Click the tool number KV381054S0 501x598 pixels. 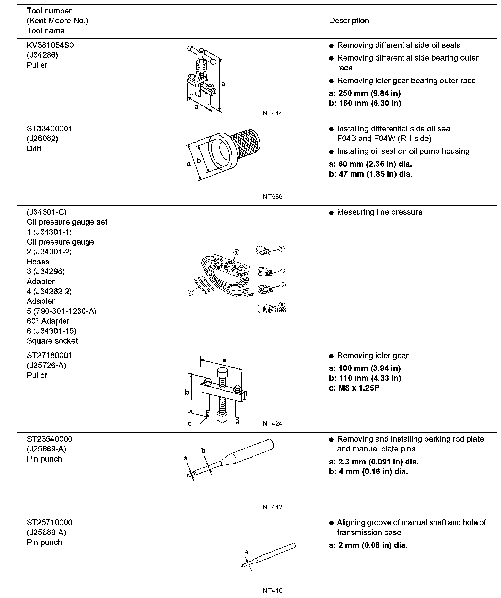[50, 45]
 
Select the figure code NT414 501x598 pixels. [272, 113]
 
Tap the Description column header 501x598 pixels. [349, 21]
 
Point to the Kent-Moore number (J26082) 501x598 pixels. [43, 138]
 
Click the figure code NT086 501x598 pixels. [272, 197]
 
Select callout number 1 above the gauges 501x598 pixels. [236, 252]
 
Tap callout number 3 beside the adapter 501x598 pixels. [281, 249]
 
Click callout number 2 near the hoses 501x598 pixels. [191, 292]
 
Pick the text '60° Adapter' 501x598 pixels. [48, 321]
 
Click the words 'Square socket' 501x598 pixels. [52, 341]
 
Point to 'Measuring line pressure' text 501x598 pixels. [379, 212]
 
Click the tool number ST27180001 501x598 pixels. [49, 355]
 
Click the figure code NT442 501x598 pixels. [272, 507]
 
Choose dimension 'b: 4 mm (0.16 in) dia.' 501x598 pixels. [368, 471]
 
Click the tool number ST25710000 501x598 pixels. [49, 522]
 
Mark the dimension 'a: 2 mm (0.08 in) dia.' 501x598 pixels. [368, 545]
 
